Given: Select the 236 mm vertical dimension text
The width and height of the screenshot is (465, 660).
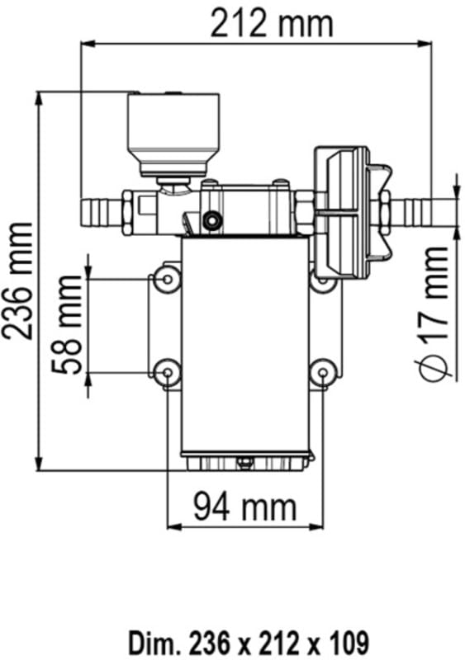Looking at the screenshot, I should click(x=18, y=280).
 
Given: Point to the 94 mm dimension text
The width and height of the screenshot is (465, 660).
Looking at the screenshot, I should click(x=244, y=506).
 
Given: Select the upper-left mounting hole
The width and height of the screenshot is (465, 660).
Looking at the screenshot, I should click(x=168, y=279).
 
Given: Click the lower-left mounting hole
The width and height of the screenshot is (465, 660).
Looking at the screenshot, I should click(x=168, y=373).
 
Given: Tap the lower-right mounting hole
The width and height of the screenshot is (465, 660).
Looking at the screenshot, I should click(x=321, y=373).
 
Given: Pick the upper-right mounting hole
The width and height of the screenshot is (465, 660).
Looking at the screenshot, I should click(x=321, y=280).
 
